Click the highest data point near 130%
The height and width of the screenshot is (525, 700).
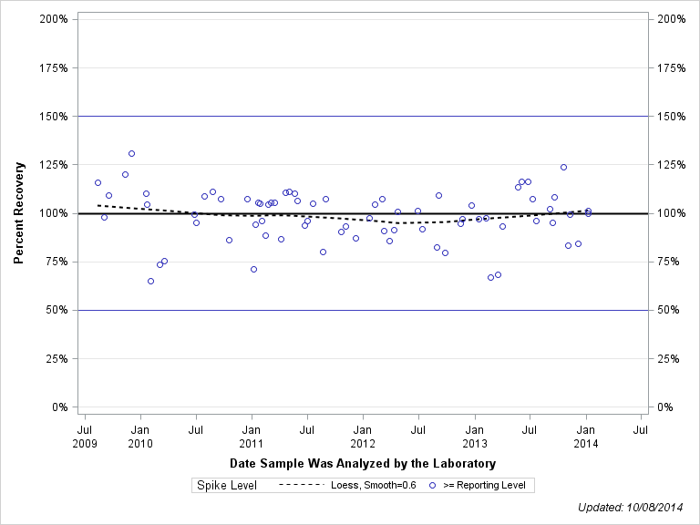coord(131,153)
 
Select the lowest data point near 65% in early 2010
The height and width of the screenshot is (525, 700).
coord(150,281)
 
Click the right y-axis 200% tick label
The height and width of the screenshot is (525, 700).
coord(670,19)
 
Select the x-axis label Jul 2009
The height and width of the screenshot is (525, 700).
coord(84,435)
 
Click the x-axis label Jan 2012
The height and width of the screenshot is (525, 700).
coord(363,435)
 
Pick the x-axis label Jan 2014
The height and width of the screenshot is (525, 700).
coord(587,435)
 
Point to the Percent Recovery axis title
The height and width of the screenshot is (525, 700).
coord(19,213)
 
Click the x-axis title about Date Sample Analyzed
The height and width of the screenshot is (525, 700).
coord(363,464)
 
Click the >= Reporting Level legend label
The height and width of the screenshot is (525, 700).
coord(484,486)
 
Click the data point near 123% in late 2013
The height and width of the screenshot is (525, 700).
coord(563,167)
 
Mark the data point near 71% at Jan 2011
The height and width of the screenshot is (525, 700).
coord(253,269)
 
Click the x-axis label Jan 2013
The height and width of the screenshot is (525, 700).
coord(475,435)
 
